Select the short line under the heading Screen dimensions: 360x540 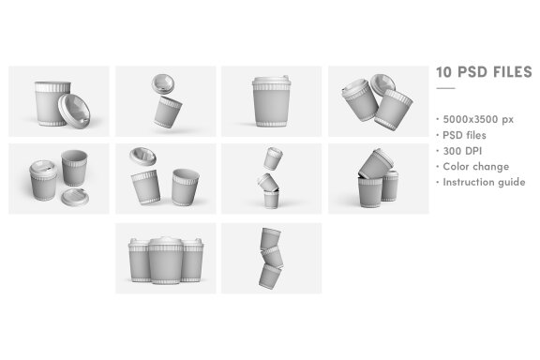click(x=445, y=89)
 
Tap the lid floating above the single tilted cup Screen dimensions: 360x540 click(x=166, y=82)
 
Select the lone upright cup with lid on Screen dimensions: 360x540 click(x=271, y=99)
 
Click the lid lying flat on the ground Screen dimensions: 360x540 click(x=74, y=197)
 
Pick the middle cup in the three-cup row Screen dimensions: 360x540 click(x=166, y=261)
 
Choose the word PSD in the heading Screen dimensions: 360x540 click(x=472, y=72)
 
